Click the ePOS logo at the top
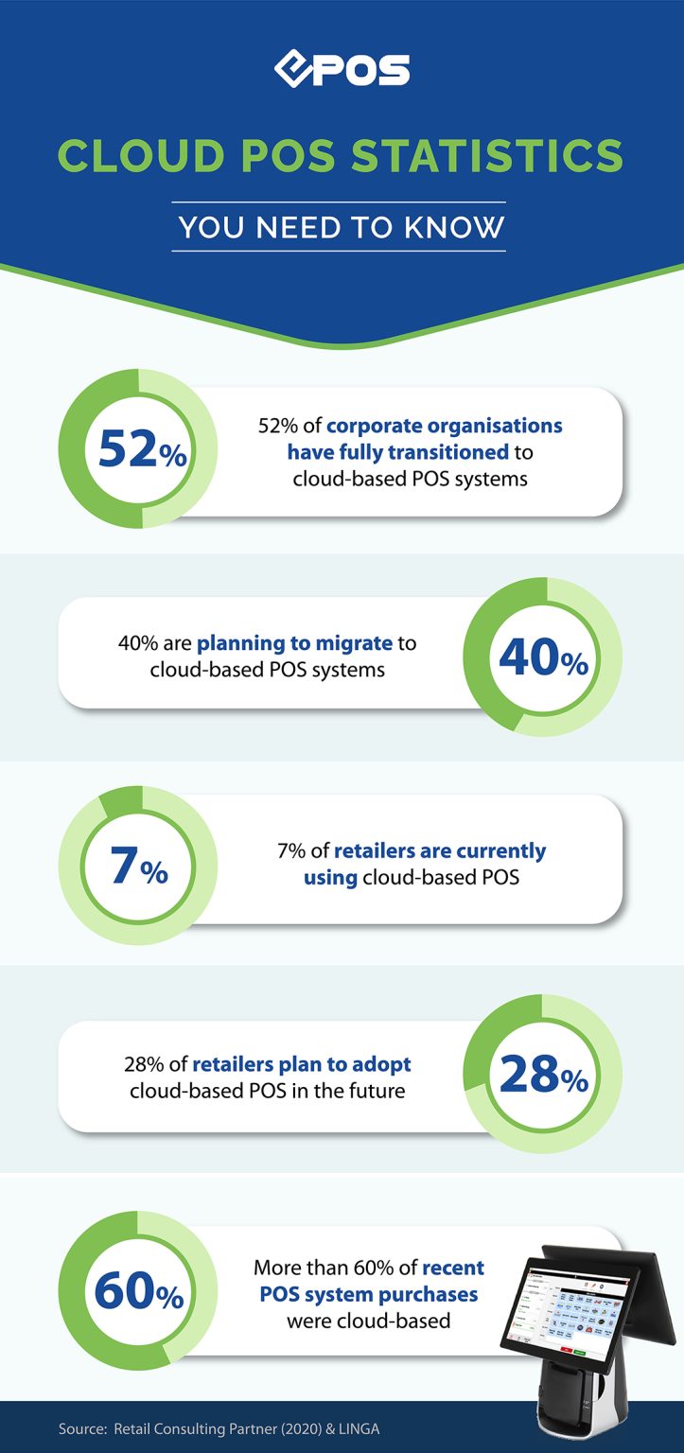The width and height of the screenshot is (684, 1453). (x=342, y=69)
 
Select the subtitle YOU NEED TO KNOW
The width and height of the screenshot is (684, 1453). (x=341, y=227)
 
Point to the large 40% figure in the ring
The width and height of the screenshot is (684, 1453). (x=542, y=658)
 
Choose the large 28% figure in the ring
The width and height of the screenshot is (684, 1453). (x=542, y=1075)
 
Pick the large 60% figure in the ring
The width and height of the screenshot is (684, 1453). (x=139, y=1291)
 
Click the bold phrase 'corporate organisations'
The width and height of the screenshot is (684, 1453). (x=445, y=426)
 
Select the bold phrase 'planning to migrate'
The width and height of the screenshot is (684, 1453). (x=294, y=644)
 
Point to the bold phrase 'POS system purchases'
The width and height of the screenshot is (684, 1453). (x=368, y=1293)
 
